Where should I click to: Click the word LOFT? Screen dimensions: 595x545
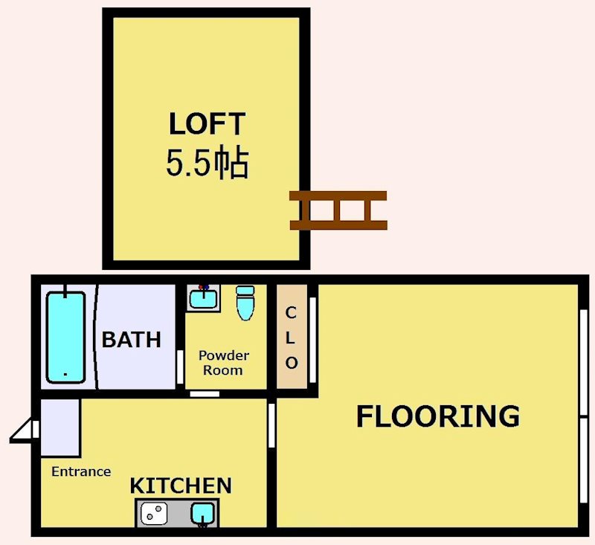click(x=207, y=123)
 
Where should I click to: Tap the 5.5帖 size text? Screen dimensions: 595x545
click(x=208, y=164)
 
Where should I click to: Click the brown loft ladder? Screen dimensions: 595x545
click(x=338, y=210)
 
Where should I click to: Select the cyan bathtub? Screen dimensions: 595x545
click(x=65, y=337)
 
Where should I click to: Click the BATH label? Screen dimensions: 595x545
click(x=132, y=340)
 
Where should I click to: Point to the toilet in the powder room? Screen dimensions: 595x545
click(x=245, y=303)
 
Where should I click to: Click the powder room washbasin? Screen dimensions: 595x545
click(x=203, y=298)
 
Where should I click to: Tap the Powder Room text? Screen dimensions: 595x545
click(x=224, y=363)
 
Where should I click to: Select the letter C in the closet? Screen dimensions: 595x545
click(x=291, y=313)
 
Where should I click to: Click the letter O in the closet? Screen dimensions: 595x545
click(x=291, y=363)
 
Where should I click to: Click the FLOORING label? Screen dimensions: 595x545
click(x=438, y=416)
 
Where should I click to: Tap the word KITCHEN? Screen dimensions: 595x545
click(x=181, y=486)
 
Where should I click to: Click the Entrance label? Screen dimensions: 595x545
click(x=81, y=471)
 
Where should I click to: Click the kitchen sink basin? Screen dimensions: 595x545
click(x=202, y=513)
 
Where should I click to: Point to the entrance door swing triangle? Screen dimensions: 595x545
click(x=23, y=430)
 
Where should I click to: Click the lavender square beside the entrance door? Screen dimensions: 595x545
click(x=60, y=428)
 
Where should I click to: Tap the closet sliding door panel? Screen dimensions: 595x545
click(x=312, y=341)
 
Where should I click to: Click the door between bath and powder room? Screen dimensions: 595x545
click(x=180, y=367)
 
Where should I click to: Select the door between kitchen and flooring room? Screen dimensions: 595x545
click(x=271, y=425)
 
